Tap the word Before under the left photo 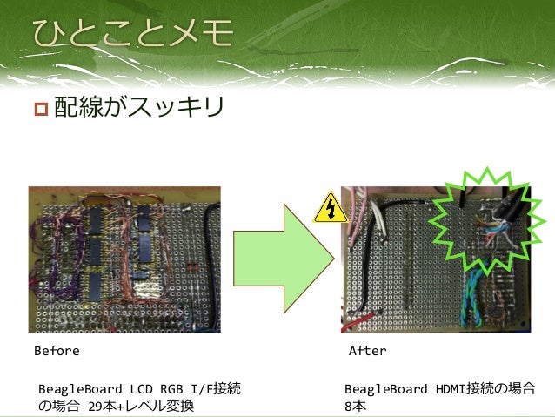[x=56, y=352]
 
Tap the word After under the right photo [x=367, y=352]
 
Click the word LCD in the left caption [x=142, y=388]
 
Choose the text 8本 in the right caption [x=355, y=407]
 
